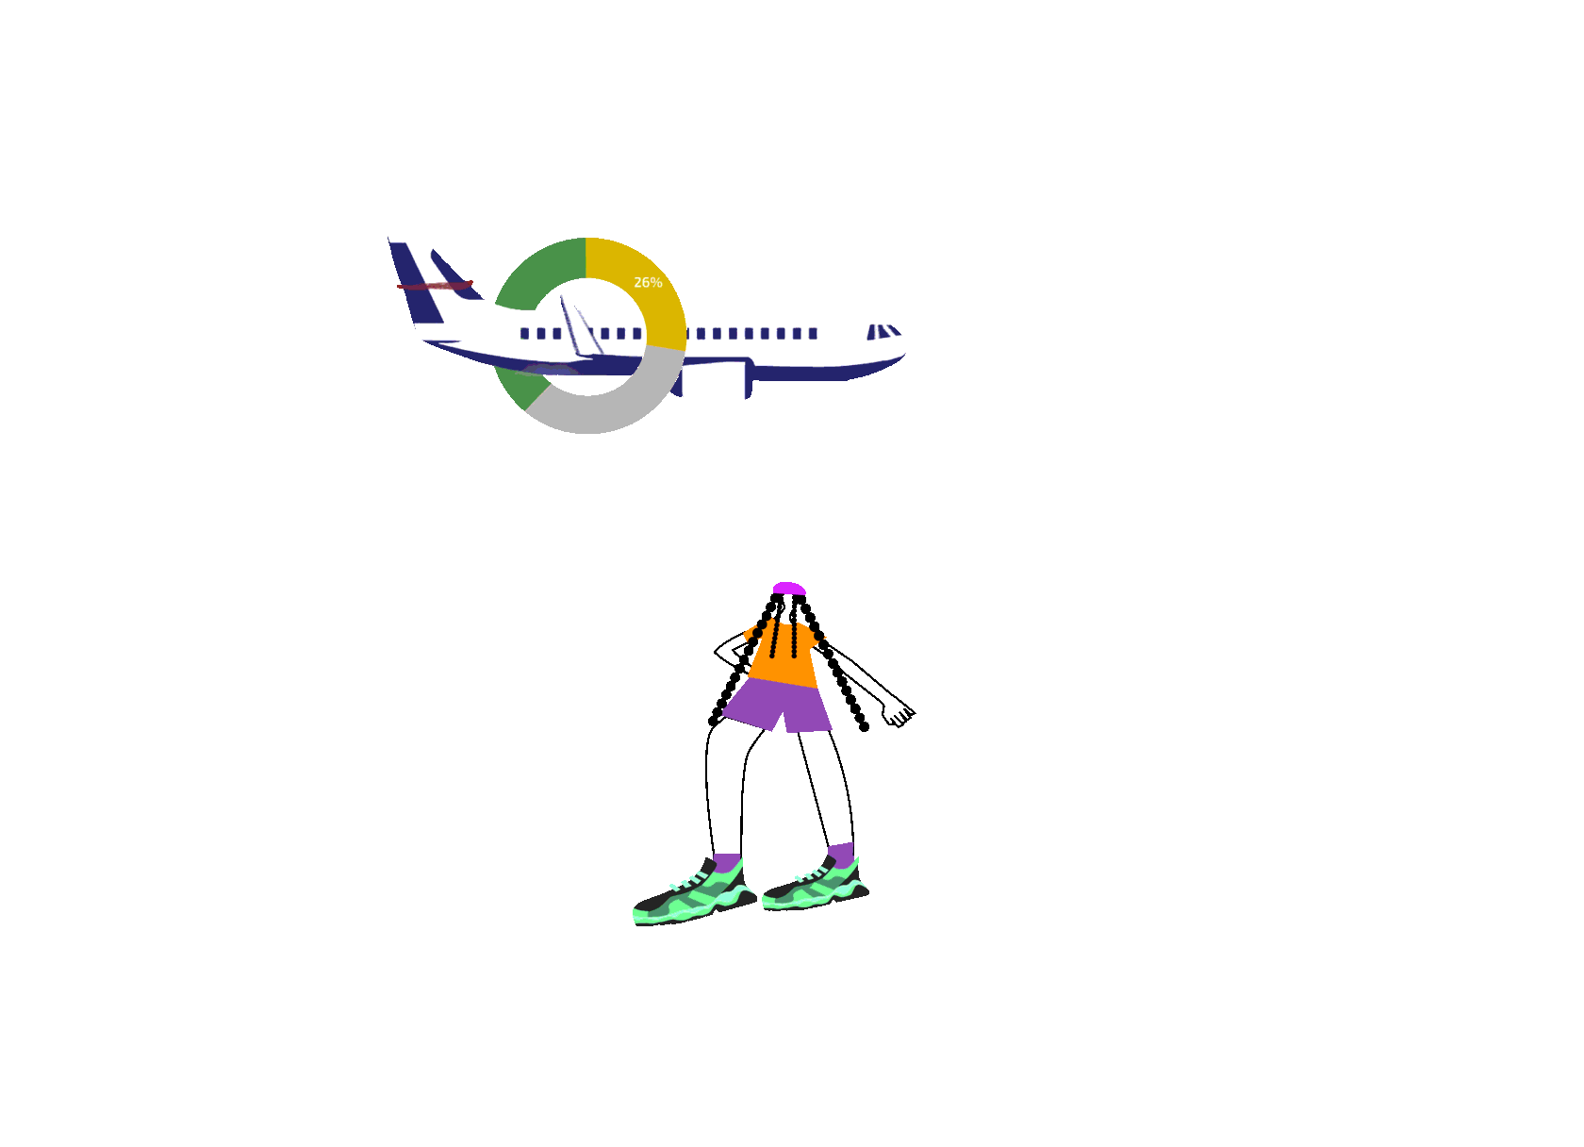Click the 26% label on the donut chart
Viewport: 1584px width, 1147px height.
tap(648, 282)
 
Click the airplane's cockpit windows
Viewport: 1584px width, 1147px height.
tap(883, 331)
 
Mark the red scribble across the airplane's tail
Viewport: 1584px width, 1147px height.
tap(434, 285)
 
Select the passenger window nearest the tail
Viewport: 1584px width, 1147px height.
tap(524, 333)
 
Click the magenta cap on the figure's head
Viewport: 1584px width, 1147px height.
tap(788, 589)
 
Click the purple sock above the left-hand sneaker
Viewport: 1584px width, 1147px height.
tap(727, 863)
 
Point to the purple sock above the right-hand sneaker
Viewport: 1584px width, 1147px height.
tap(841, 854)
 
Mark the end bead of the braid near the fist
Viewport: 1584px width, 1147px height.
tap(864, 727)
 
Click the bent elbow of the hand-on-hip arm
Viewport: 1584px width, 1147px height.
tap(718, 651)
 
